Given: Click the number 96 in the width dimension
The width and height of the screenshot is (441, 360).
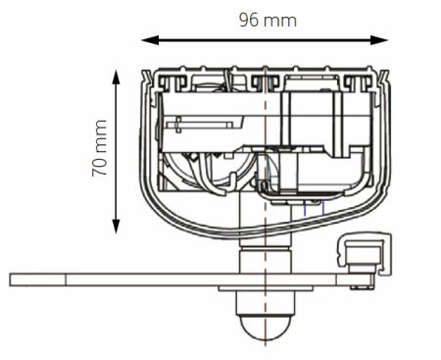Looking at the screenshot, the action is [x=249, y=21].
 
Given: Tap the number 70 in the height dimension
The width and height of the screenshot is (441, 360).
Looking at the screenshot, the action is [x=99, y=167].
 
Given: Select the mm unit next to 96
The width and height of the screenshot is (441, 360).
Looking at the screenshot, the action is [x=280, y=22].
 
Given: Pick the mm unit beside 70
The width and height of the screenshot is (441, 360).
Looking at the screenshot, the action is [x=101, y=137].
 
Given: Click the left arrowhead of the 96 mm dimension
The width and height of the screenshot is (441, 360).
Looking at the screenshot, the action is [x=150, y=40].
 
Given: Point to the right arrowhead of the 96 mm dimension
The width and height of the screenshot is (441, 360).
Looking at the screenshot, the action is [x=379, y=40].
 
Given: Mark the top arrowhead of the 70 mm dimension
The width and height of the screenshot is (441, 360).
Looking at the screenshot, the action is [x=116, y=77].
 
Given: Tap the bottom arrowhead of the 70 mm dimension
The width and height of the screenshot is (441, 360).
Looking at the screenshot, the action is [x=116, y=226].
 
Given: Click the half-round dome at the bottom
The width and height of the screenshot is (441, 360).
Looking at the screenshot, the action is [x=265, y=328].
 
